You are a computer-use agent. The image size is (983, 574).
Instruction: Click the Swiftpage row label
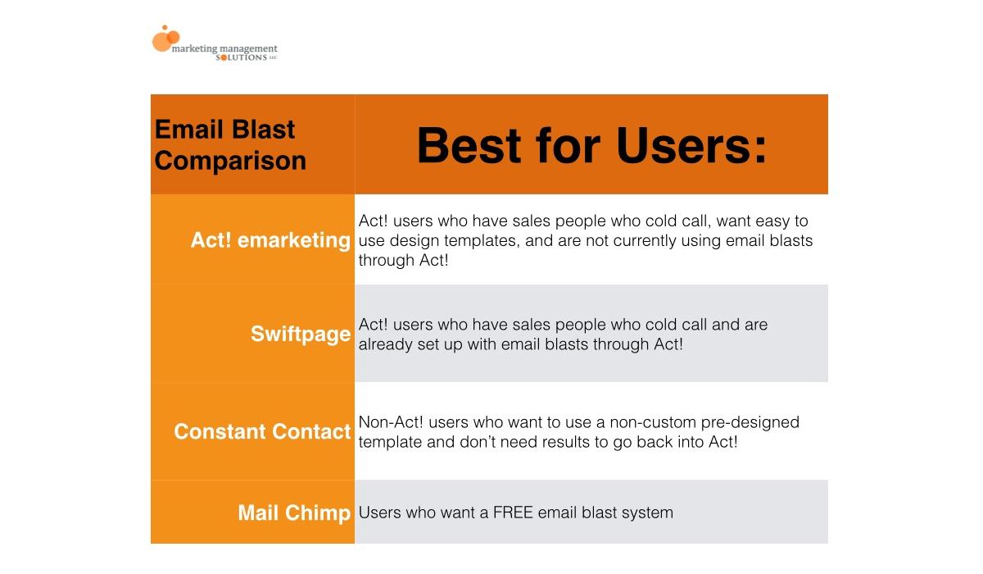[x=301, y=334]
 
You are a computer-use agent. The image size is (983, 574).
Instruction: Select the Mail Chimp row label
[x=294, y=512]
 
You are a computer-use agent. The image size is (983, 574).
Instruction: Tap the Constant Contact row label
[x=262, y=431]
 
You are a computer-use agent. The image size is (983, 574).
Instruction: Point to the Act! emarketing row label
[x=270, y=239]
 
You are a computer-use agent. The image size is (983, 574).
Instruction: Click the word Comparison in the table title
[x=230, y=161]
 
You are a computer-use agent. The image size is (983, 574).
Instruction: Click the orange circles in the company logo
[x=165, y=39]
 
